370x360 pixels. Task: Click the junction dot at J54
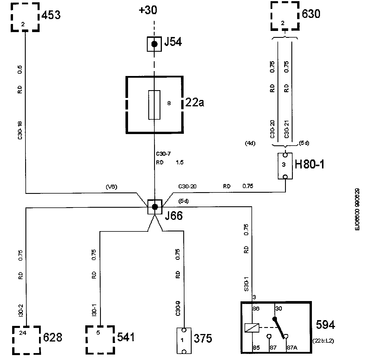click(x=154, y=44)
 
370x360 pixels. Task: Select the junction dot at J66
click(x=155, y=207)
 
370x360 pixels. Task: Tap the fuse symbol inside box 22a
click(x=154, y=105)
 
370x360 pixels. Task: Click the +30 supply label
click(x=148, y=10)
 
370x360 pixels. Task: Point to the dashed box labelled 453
click(x=25, y=17)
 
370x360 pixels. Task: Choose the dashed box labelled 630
click(x=284, y=16)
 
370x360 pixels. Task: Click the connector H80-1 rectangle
click(x=285, y=166)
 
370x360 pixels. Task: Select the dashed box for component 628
click(x=26, y=340)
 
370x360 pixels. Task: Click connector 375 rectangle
click(x=184, y=340)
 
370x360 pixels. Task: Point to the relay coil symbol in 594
click(x=251, y=328)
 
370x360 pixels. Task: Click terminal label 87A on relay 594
click(x=291, y=348)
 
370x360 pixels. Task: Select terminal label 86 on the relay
click(x=256, y=309)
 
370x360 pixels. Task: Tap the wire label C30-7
click(x=163, y=154)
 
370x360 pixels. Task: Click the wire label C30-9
click(x=178, y=309)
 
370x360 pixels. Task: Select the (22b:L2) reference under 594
click(x=323, y=341)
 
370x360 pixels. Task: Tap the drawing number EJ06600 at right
click(x=358, y=209)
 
